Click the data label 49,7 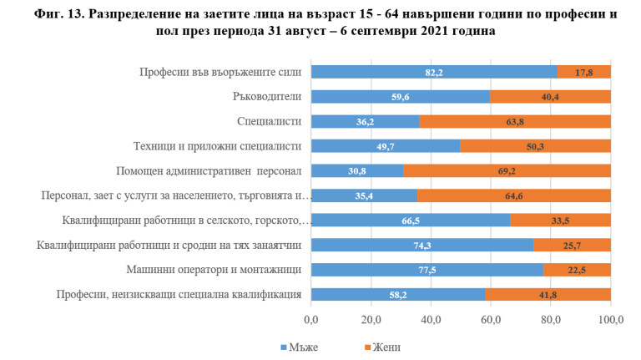385,146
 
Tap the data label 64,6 513,196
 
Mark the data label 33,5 561,221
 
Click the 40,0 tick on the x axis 431,320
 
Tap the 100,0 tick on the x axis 611,320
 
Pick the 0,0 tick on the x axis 311,320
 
